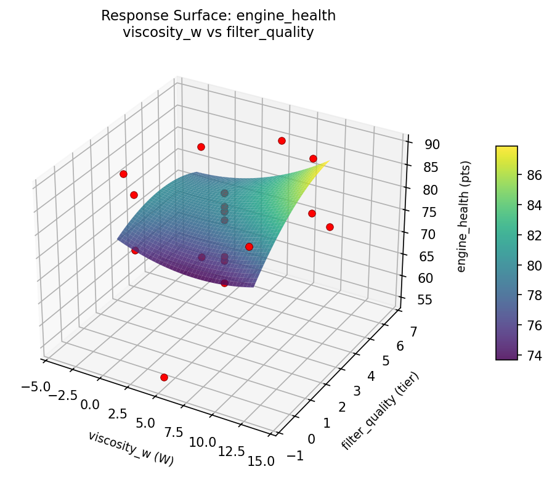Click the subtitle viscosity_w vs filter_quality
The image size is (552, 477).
coord(219,33)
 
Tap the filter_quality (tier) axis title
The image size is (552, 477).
coord(381,411)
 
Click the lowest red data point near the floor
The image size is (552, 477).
coord(164,377)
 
